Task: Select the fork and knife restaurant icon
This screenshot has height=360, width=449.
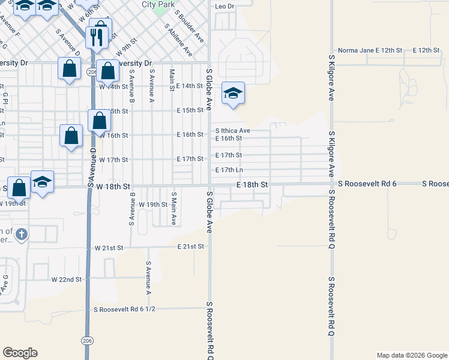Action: click(x=95, y=38)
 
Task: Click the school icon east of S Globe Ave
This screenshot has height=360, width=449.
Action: click(x=233, y=93)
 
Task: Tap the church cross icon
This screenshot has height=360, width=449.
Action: click(x=21, y=233)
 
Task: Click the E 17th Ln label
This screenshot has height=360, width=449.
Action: click(x=229, y=170)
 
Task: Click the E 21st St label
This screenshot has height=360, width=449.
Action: click(x=191, y=247)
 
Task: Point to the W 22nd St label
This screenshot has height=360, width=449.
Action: click(x=66, y=280)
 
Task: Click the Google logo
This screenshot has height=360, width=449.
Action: click(x=20, y=353)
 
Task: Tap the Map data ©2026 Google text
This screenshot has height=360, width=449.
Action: click(x=411, y=355)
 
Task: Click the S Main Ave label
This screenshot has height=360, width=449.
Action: click(x=173, y=209)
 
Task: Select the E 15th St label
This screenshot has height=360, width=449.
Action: click(x=190, y=110)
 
